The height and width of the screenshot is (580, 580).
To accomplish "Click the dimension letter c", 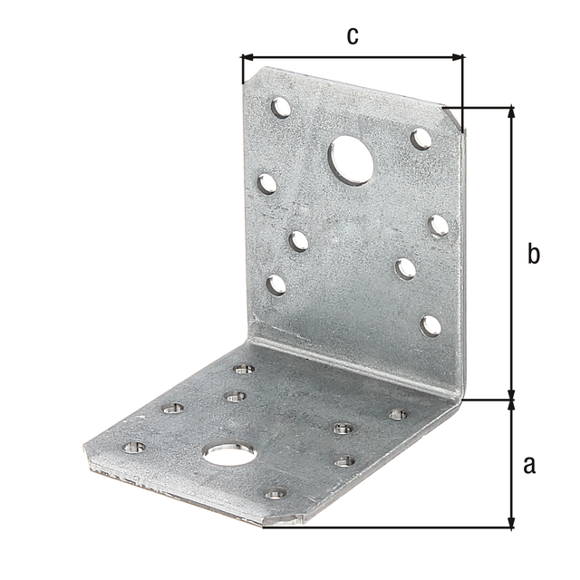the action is pyautogui.click(x=353, y=36).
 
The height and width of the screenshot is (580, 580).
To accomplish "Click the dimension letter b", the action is pyautogui.click(x=534, y=254).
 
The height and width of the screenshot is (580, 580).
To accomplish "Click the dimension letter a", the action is pyautogui.click(x=529, y=465).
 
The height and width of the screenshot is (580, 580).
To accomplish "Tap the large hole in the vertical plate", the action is pyautogui.click(x=351, y=159).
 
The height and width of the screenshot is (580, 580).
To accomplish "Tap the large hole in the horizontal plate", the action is pyautogui.click(x=229, y=454).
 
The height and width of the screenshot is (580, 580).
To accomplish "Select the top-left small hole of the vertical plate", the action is pyautogui.click(x=281, y=107).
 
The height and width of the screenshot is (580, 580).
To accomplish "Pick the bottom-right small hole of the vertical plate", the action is pyautogui.click(x=431, y=326).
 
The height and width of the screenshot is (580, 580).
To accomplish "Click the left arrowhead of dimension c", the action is pyautogui.click(x=246, y=57).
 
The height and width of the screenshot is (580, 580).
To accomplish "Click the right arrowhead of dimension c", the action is pyautogui.click(x=458, y=57).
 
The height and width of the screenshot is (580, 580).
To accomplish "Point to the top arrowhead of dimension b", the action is pyautogui.click(x=511, y=111).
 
